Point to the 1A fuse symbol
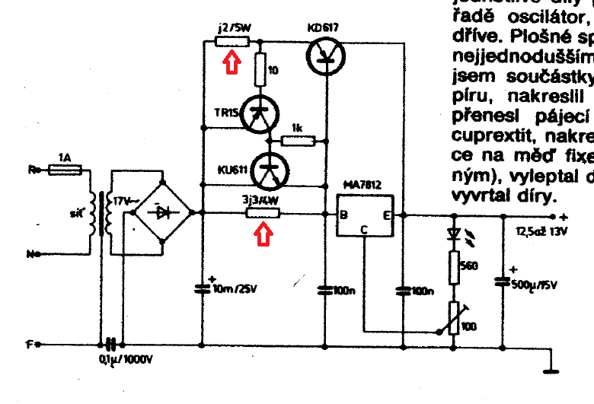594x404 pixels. [65, 171]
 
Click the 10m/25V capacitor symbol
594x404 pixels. [203, 288]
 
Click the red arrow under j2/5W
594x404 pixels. [232, 60]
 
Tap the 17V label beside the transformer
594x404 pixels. [123, 202]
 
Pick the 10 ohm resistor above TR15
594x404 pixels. [259, 71]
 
